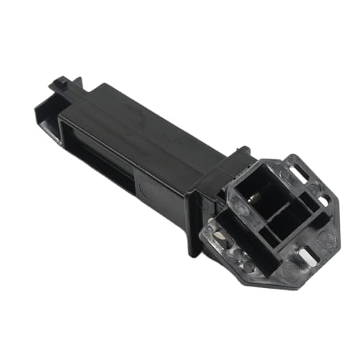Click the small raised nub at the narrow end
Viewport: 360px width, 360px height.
point(58,81)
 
